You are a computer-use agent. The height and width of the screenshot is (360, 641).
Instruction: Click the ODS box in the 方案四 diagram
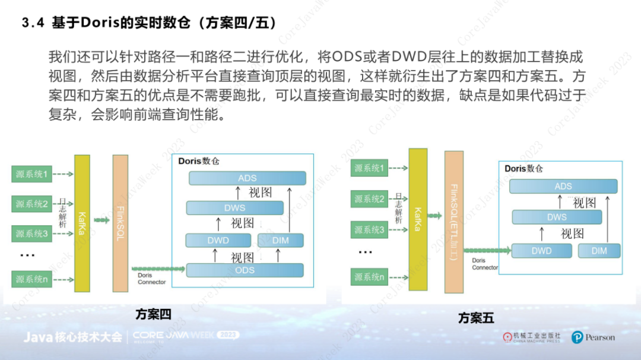click(245, 270)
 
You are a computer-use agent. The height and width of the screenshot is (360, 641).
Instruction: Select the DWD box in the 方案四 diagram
click(218, 240)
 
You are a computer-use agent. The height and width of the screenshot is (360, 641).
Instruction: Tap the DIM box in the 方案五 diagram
click(599, 251)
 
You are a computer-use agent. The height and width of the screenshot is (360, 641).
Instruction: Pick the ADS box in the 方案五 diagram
click(563, 186)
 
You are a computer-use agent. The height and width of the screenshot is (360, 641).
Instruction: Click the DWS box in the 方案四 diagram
click(234, 208)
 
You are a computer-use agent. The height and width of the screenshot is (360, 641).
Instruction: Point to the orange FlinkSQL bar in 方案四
click(120, 223)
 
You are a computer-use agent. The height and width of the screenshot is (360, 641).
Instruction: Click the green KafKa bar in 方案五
click(418, 219)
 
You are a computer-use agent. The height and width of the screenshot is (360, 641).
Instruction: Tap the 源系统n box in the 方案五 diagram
click(369, 276)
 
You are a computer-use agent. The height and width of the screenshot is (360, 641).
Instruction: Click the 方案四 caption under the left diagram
click(153, 314)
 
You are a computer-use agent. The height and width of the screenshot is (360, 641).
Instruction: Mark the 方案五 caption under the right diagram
click(476, 318)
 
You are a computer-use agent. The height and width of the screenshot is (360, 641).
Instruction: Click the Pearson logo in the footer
click(593, 337)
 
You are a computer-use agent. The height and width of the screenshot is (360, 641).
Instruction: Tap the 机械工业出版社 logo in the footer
click(532, 337)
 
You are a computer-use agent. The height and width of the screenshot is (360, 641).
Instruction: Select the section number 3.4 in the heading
click(33, 23)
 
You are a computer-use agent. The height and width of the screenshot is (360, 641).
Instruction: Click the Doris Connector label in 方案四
click(151, 279)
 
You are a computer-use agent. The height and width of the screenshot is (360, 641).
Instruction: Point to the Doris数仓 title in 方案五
click(523, 168)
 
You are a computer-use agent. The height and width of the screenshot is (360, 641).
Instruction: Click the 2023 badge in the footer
click(228, 335)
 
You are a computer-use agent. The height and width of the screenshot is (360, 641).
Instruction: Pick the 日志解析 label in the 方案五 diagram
click(399, 208)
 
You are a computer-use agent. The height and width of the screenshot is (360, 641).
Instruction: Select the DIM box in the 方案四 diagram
click(281, 240)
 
